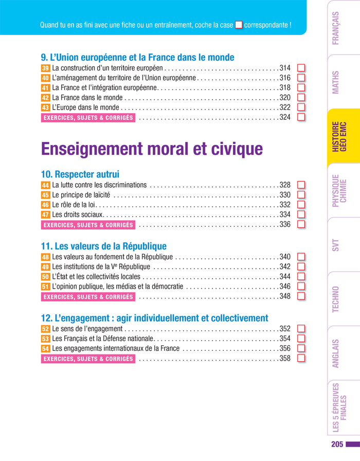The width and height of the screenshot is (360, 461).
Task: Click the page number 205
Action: point(337,444)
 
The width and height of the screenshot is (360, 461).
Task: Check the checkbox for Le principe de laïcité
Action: point(301,195)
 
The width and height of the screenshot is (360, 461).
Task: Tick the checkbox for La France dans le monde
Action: point(301,97)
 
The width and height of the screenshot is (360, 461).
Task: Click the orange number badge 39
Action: point(45,68)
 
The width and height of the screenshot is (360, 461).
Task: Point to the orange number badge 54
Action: point(45,349)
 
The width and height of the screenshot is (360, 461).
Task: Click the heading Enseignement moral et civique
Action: point(152,149)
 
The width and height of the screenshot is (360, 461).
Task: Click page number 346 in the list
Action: point(285,287)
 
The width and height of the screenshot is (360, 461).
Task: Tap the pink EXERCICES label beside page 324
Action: point(88,117)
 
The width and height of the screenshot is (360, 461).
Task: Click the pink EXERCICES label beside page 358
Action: point(88,359)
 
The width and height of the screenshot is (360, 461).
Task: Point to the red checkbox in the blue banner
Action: point(239,25)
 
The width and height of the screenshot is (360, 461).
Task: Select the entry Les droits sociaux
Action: point(78,215)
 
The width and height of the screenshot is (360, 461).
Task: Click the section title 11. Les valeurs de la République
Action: point(103,246)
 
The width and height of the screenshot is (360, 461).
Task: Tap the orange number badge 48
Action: point(45,257)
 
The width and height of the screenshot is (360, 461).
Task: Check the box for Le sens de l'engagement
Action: point(301,329)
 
